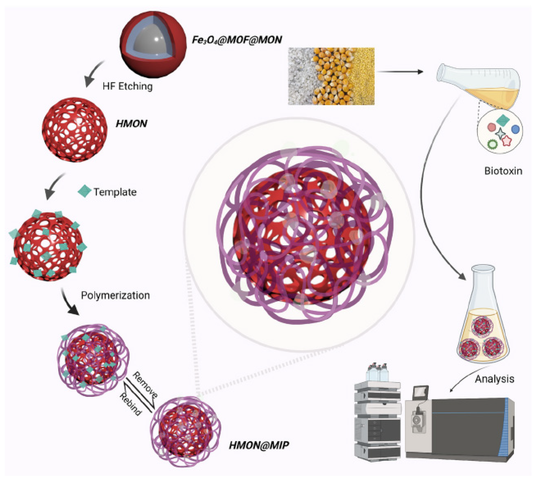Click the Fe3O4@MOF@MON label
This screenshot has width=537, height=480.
click(x=237, y=40)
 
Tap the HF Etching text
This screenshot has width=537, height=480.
click(x=127, y=86)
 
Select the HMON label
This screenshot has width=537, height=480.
click(x=131, y=124)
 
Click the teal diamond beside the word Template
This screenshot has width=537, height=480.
click(x=84, y=191)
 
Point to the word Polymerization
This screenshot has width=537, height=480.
click(x=115, y=295)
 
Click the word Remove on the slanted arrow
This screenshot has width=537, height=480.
click(x=145, y=384)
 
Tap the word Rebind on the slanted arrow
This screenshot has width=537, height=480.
click(x=130, y=404)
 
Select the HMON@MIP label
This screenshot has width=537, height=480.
click(x=259, y=445)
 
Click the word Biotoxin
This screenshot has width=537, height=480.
click(x=503, y=171)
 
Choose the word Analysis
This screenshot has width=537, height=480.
click(x=494, y=379)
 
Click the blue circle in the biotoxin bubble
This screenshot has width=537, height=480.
click(x=515, y=129)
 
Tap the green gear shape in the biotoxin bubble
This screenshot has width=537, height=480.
click(x=492, y=144)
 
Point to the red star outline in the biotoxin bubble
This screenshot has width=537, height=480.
click(x=507, y=141)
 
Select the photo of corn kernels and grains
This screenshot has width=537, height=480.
click(x=331, y=76)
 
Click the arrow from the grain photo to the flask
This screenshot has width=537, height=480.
click(x=400, y=72)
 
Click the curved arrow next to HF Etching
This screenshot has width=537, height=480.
click(x=93, y=74)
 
